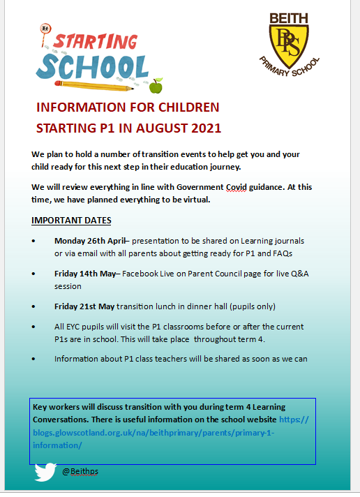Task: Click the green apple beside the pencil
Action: click(156, 85)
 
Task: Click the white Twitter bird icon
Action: click(45, 473)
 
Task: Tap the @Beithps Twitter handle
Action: click(80, 472)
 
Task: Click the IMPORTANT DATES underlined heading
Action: click(71, 221)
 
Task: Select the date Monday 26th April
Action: click(90, 241)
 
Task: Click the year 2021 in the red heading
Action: click(202, 128)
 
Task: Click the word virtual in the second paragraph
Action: click(192, 200)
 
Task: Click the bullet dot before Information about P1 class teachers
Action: click(35, 359)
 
